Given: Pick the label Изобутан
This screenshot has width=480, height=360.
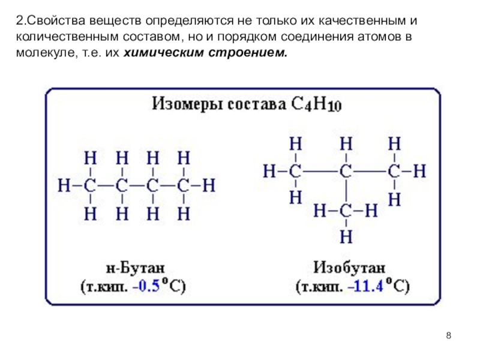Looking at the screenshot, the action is (x=350, y=266).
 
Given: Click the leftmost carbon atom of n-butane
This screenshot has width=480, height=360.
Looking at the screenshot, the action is (x=90, y=185).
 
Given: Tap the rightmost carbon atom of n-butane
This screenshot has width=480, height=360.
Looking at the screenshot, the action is (x=184, y=185).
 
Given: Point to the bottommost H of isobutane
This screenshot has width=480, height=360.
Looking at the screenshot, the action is (x=345, y=236).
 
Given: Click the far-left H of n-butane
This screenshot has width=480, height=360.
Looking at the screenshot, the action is (x=64, y=185).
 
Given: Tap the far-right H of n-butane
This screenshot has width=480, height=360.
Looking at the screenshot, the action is (x=209, y=185).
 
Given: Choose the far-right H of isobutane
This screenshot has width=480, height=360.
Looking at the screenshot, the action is (x=419, y=172).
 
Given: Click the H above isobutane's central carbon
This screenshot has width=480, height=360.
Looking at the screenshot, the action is (x=345, y=144).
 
